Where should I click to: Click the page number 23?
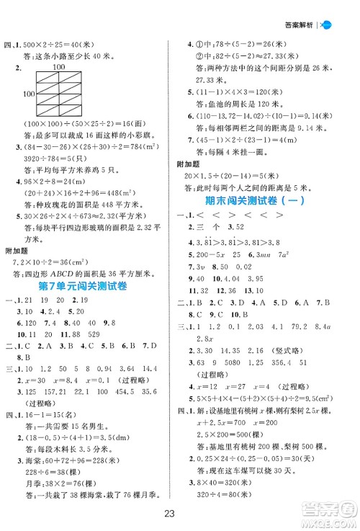pos(180,514)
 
